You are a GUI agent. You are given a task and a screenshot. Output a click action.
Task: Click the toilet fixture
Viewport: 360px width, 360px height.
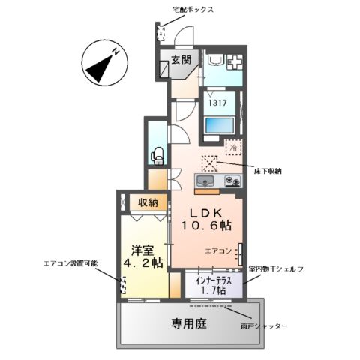[x=158, y=155]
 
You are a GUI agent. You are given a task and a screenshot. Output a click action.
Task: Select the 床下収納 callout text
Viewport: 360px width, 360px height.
[x=267, y=171]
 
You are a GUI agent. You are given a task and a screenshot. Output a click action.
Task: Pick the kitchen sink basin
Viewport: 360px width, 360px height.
[x=205, y=181]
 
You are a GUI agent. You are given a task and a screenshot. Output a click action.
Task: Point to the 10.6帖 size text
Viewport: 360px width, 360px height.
[x=205, y=226]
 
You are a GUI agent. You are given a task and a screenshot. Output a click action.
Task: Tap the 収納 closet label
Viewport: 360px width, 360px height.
[x=148, y=202]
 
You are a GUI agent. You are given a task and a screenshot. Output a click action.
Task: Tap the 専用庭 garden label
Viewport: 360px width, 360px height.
[x=190, y=322]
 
